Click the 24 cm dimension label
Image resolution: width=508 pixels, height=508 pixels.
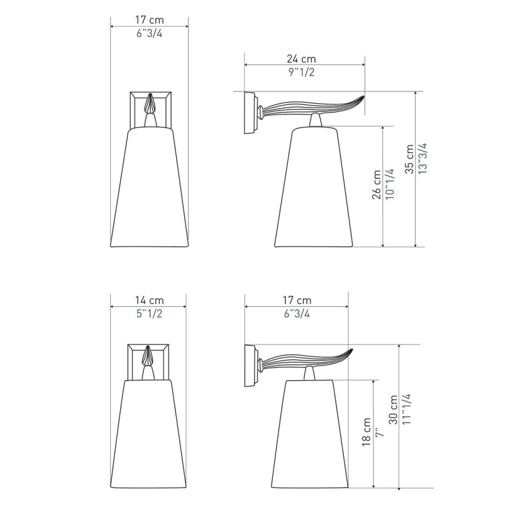301,59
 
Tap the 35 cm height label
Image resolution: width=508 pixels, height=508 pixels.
410,159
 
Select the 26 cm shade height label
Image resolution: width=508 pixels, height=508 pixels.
377,185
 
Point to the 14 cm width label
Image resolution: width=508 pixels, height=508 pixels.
150,300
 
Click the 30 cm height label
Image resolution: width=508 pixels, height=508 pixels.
393,410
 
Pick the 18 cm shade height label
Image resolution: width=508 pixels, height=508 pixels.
366,432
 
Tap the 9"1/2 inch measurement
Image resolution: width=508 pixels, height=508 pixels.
301,72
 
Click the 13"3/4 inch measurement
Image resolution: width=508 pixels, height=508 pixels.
423,159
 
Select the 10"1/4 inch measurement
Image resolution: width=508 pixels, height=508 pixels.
390,184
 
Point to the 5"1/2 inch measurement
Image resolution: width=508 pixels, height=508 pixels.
150,314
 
